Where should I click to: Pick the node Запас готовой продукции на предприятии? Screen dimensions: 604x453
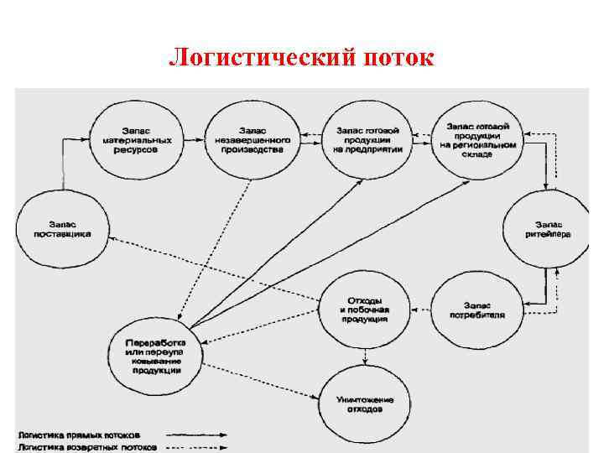click(x=369, y=139)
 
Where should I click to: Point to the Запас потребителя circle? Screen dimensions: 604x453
click(x=478, y=308)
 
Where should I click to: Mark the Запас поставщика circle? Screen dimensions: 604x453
click(x=64, y=228)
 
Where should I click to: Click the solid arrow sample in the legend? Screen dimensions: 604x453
click(x=197, y=435)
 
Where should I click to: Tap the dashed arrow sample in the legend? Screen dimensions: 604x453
click(x=197, y=446)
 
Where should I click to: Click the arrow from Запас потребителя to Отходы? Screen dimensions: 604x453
click(x=421, y=308)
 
